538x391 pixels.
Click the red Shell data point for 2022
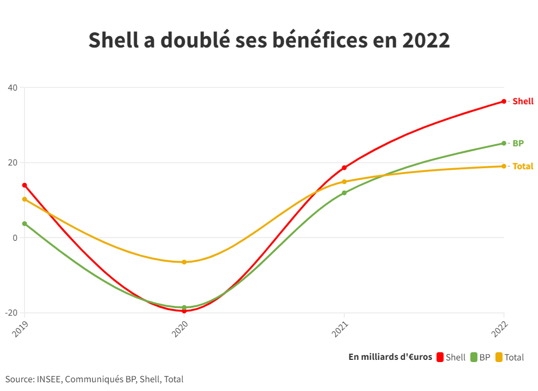click(x=504, y=102)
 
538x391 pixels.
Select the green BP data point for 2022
click(x=504, y=144)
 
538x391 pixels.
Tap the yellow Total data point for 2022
click(x=504, y=166)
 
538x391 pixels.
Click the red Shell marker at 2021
click(x=344, y=168)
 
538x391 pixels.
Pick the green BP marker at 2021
click(x=344, y=193)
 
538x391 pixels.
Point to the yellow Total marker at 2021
click(x=344, y=182)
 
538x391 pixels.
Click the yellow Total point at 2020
click(x=184, y=262)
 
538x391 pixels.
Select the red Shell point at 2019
click(x=25, y=185)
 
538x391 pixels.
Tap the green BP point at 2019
click(x=25, y=223)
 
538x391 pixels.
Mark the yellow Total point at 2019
click(x=25, y=199)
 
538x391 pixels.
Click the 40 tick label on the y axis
click(x=13, y=88)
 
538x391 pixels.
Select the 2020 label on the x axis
click(x=180, y=329)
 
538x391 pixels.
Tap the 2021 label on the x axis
click(x=339, y=329)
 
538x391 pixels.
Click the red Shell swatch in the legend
click(x=439, y=357)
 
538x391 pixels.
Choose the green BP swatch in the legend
click(x=474, y=357)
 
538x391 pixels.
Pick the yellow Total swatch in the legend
click(x=499, y=357)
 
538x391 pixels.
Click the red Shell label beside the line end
click(x=523, y=102)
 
